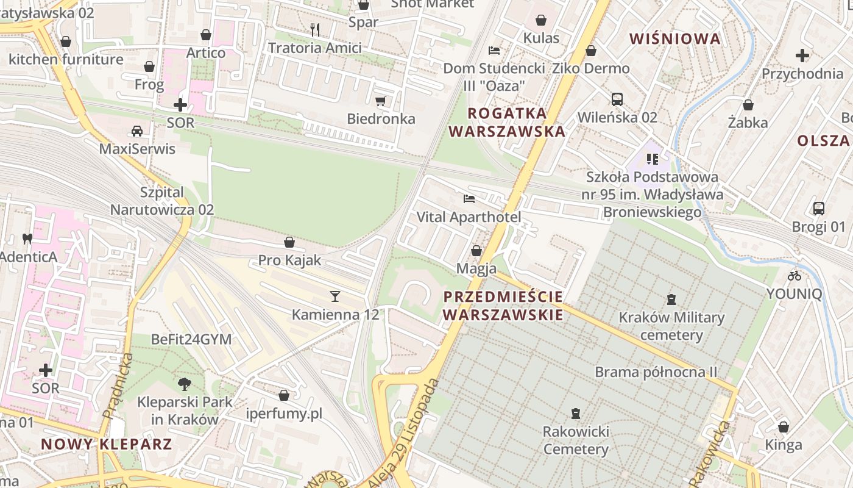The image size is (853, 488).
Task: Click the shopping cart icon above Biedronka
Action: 381,101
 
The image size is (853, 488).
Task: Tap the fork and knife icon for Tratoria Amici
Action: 315,29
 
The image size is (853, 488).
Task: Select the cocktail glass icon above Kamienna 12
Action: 334,296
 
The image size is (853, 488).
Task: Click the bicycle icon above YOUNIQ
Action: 794,275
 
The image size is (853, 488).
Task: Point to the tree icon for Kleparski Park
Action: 184,384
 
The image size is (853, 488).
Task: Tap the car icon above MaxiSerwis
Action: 137,131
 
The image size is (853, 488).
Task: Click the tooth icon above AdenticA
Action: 27,239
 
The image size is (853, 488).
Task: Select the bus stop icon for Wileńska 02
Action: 617,99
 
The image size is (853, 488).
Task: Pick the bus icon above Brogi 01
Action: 819,209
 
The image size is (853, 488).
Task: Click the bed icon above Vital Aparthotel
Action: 469,199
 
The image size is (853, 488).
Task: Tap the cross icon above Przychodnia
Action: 802,56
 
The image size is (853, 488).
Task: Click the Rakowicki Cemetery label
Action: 576,440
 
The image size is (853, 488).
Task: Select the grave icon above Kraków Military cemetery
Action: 671,299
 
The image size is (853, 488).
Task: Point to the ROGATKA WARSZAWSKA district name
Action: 507,122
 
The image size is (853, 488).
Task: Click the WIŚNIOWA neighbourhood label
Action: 674,39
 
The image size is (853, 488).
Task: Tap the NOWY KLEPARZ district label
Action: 107,443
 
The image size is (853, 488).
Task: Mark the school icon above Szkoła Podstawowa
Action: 653,159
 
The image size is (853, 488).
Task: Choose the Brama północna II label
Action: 656,372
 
